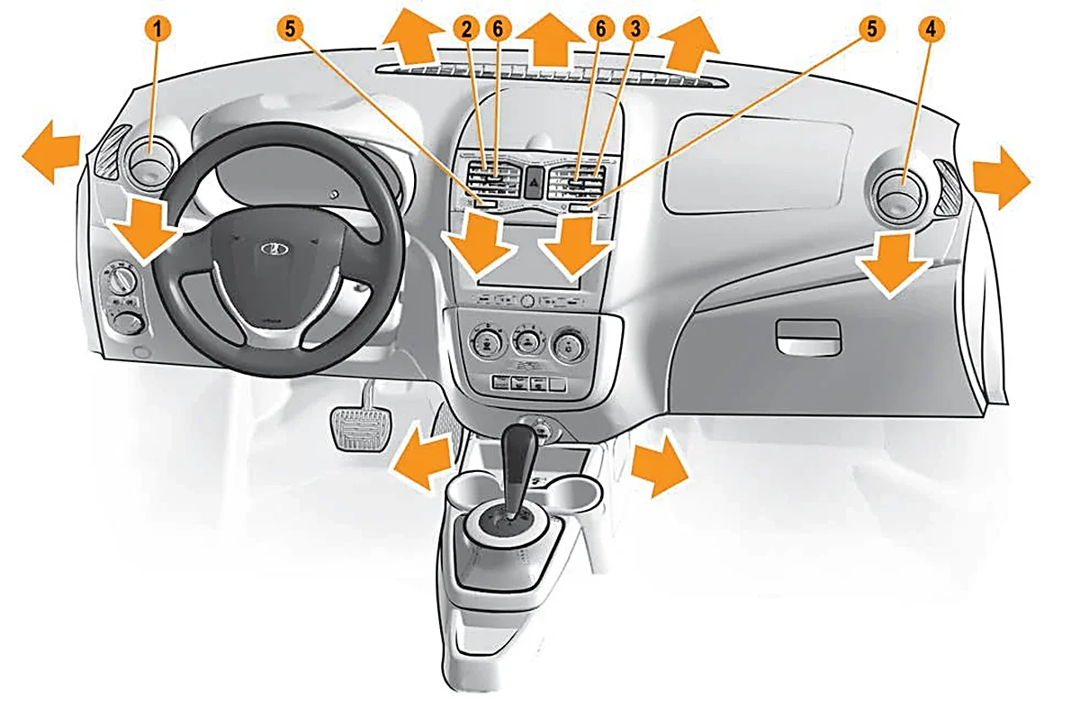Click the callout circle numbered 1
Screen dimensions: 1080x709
point(157,29)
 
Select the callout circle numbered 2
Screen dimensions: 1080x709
point(466,29)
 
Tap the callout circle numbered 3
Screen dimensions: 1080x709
point(635,29)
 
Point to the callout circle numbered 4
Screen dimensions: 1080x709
point(931,30)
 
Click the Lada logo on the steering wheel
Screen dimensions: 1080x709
point(274,249)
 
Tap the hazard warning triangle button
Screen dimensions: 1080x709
point(533,183)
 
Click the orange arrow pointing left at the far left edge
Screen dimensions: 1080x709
point(51,151)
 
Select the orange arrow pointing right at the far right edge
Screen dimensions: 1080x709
point(1002,177)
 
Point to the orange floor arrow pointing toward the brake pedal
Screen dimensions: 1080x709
point(423,457)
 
